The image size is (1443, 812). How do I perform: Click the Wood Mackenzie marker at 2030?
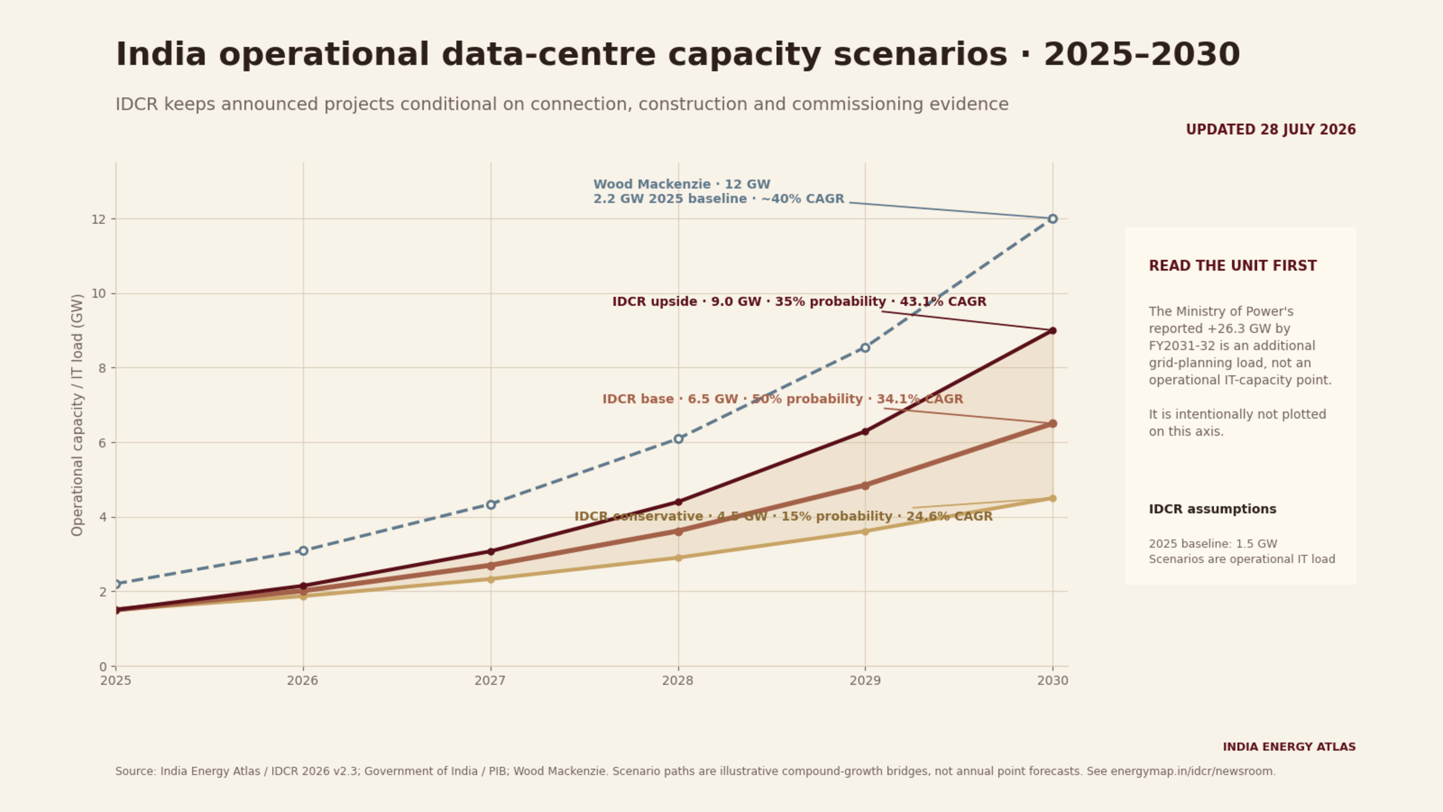pyautogui.click(x=1053, y=218)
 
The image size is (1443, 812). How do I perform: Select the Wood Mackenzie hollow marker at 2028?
pyautogui.click(x=678, y=439)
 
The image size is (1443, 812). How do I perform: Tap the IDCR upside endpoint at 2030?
pyautogui.click(x=1053, y=331)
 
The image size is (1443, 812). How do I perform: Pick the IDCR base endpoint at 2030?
pyautogui.click(x=1053, y=424)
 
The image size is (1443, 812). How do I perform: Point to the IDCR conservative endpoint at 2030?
pyautogui.click(x=1053, y=498)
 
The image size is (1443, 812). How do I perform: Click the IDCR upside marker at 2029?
pyautogui.click(x=865, y=432)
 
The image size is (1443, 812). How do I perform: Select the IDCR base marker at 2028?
pyautogui.click(x=678, y=531)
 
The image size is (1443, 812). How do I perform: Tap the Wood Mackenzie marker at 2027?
pyautogui.click(x=491, y=504)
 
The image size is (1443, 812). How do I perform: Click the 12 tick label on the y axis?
pyautogui.click(x=98, y=219)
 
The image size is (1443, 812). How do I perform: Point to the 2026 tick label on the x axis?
pyautogui.click(x=303, y=681)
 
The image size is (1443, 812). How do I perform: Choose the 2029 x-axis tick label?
pyautogui.click(x=865, y=681)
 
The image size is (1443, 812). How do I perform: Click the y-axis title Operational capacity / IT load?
pyautogui.click(x=77, y=415)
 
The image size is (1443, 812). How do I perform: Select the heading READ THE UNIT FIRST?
pyautogui.click(x=1233, y=266)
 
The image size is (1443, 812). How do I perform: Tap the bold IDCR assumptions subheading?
pyautogui.click(x=1212, y=509)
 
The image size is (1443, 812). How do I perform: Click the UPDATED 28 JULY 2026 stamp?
pyautogui.click(x=1271, y=130)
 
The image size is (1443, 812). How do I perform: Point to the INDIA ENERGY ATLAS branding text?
pyautogui.click(x=1289, y=747)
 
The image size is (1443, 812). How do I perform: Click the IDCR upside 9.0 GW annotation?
pyautogui.click(x=799, y=301)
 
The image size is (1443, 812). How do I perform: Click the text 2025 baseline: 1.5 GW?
pyautogui.click(x=1213, y=544)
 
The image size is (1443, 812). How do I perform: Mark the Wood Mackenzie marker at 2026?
pyautogui.click(x=303, y=551)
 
